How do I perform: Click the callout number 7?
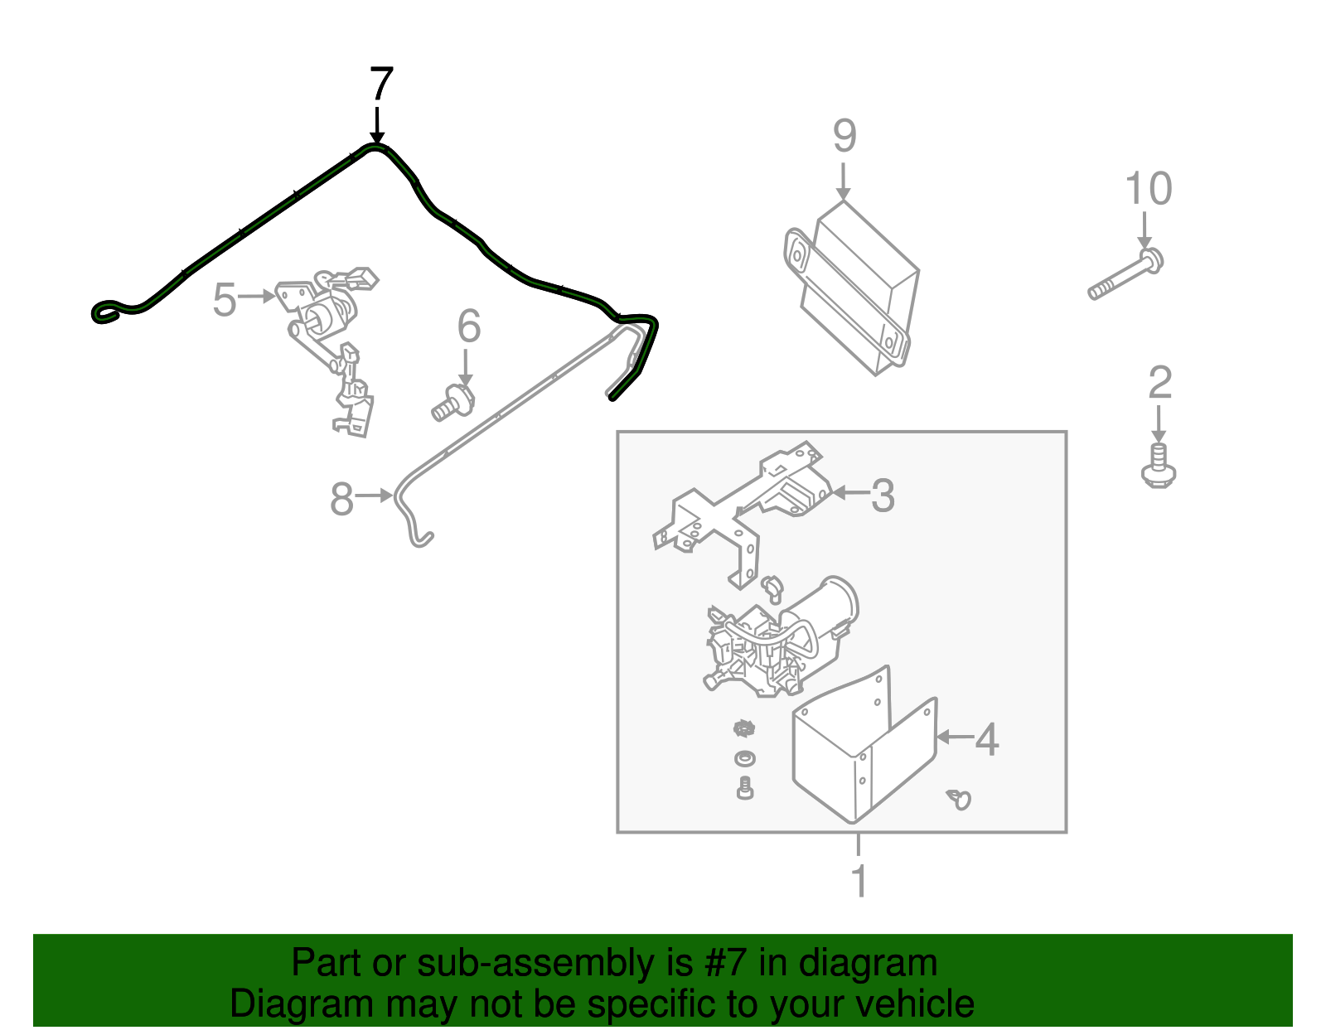click(x=381, y=84)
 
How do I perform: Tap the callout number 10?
click(x=1148, y=188)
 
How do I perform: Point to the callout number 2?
click(x=1160, y=382)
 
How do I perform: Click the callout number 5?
click(x=225, y=299)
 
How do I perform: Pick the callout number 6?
click(x=468, y=326)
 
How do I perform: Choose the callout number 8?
click(x=341, y=499)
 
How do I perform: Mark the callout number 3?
click(x=883, y=496)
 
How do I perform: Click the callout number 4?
click(x=987, y=739)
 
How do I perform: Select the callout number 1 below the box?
click(x=859, y=881)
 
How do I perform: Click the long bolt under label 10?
click(x=1125, y=275)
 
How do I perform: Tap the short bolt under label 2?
click(x=1159, y=466)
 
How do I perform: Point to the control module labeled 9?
click(x=851, y=287)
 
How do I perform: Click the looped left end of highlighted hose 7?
click(x=109, y=312)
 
